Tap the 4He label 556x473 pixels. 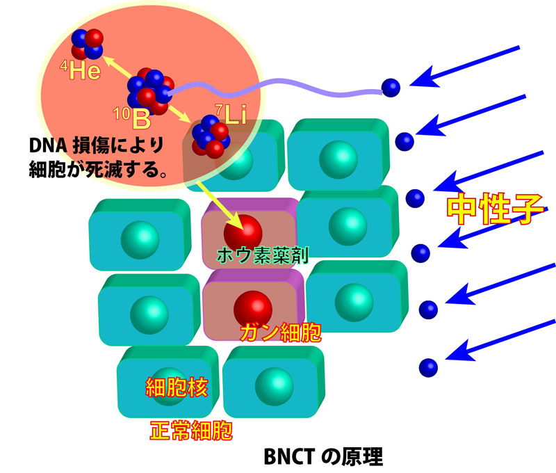tap(79, 72)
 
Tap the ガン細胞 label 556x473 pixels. tap(281, 332)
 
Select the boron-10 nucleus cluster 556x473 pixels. tap(148, 90)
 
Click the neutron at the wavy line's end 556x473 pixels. tap(391, 87)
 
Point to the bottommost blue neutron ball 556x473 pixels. tap(429, 366)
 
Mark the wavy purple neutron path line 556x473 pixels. tap(278, 89)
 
